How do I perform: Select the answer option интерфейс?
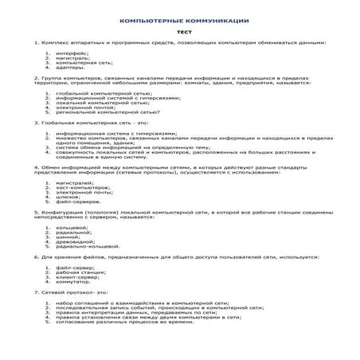[72, 53]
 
